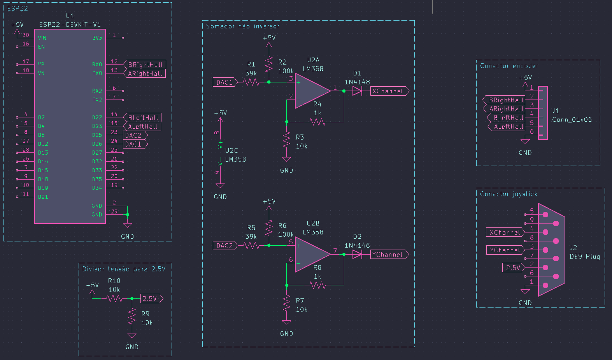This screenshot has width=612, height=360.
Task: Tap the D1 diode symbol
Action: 357,91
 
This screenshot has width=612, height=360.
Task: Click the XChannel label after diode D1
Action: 389,91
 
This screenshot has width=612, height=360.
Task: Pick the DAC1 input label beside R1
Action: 224,82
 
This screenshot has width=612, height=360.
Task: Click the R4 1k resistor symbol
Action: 317,122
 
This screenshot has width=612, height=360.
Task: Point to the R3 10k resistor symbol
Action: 287,140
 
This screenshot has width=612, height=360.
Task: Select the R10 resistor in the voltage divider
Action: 114,299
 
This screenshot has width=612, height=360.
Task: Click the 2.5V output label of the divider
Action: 151,299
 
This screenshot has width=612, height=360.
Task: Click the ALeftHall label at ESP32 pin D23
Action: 142,126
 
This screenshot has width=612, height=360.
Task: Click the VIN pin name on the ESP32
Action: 42,38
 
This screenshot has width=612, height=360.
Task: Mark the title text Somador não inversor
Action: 243,26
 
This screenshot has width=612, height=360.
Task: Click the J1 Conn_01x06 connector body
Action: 543,113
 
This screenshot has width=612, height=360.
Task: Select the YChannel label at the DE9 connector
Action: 505,250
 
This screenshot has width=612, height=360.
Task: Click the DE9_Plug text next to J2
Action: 585,257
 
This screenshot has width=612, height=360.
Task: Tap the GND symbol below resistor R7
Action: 287,323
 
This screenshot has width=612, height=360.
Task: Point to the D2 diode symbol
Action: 357,254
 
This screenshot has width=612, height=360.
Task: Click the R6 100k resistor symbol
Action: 269,228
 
